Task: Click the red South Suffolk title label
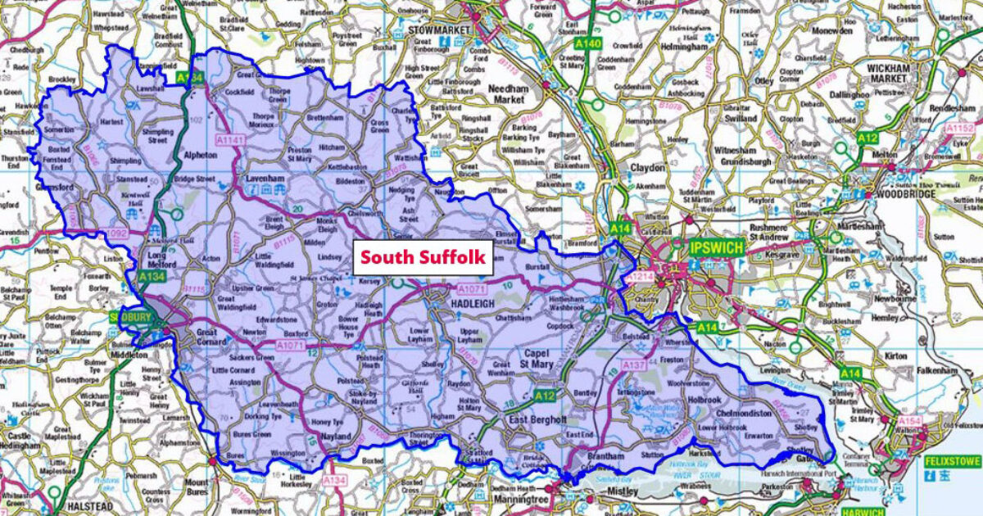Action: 424,257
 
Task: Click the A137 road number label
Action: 633,364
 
